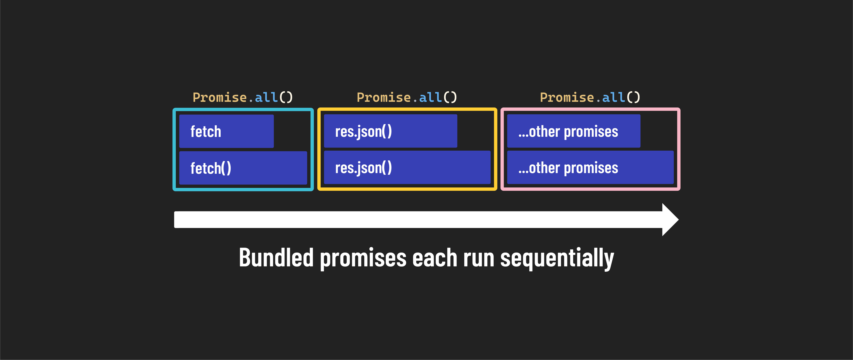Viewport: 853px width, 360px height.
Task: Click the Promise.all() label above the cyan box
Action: pos(243,97)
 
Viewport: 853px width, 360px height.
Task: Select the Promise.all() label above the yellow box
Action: pos(407,97)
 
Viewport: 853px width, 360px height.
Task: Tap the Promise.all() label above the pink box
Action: pos(590,97)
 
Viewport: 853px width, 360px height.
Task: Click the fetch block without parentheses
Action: pos(226,131)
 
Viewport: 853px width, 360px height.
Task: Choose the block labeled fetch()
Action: pos(243,168)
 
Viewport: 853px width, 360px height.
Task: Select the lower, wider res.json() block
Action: pos(407,168)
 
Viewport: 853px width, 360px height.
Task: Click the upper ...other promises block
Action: pos(573,131)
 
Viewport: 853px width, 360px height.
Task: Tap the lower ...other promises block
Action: pos(590,168)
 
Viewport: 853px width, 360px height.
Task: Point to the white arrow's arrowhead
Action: pos(670,220)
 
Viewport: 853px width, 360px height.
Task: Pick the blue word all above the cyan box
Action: pos(266,97)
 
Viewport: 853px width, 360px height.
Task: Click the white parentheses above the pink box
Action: pos(633,97)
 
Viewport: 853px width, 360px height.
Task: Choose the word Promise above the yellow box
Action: pos(384,97)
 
